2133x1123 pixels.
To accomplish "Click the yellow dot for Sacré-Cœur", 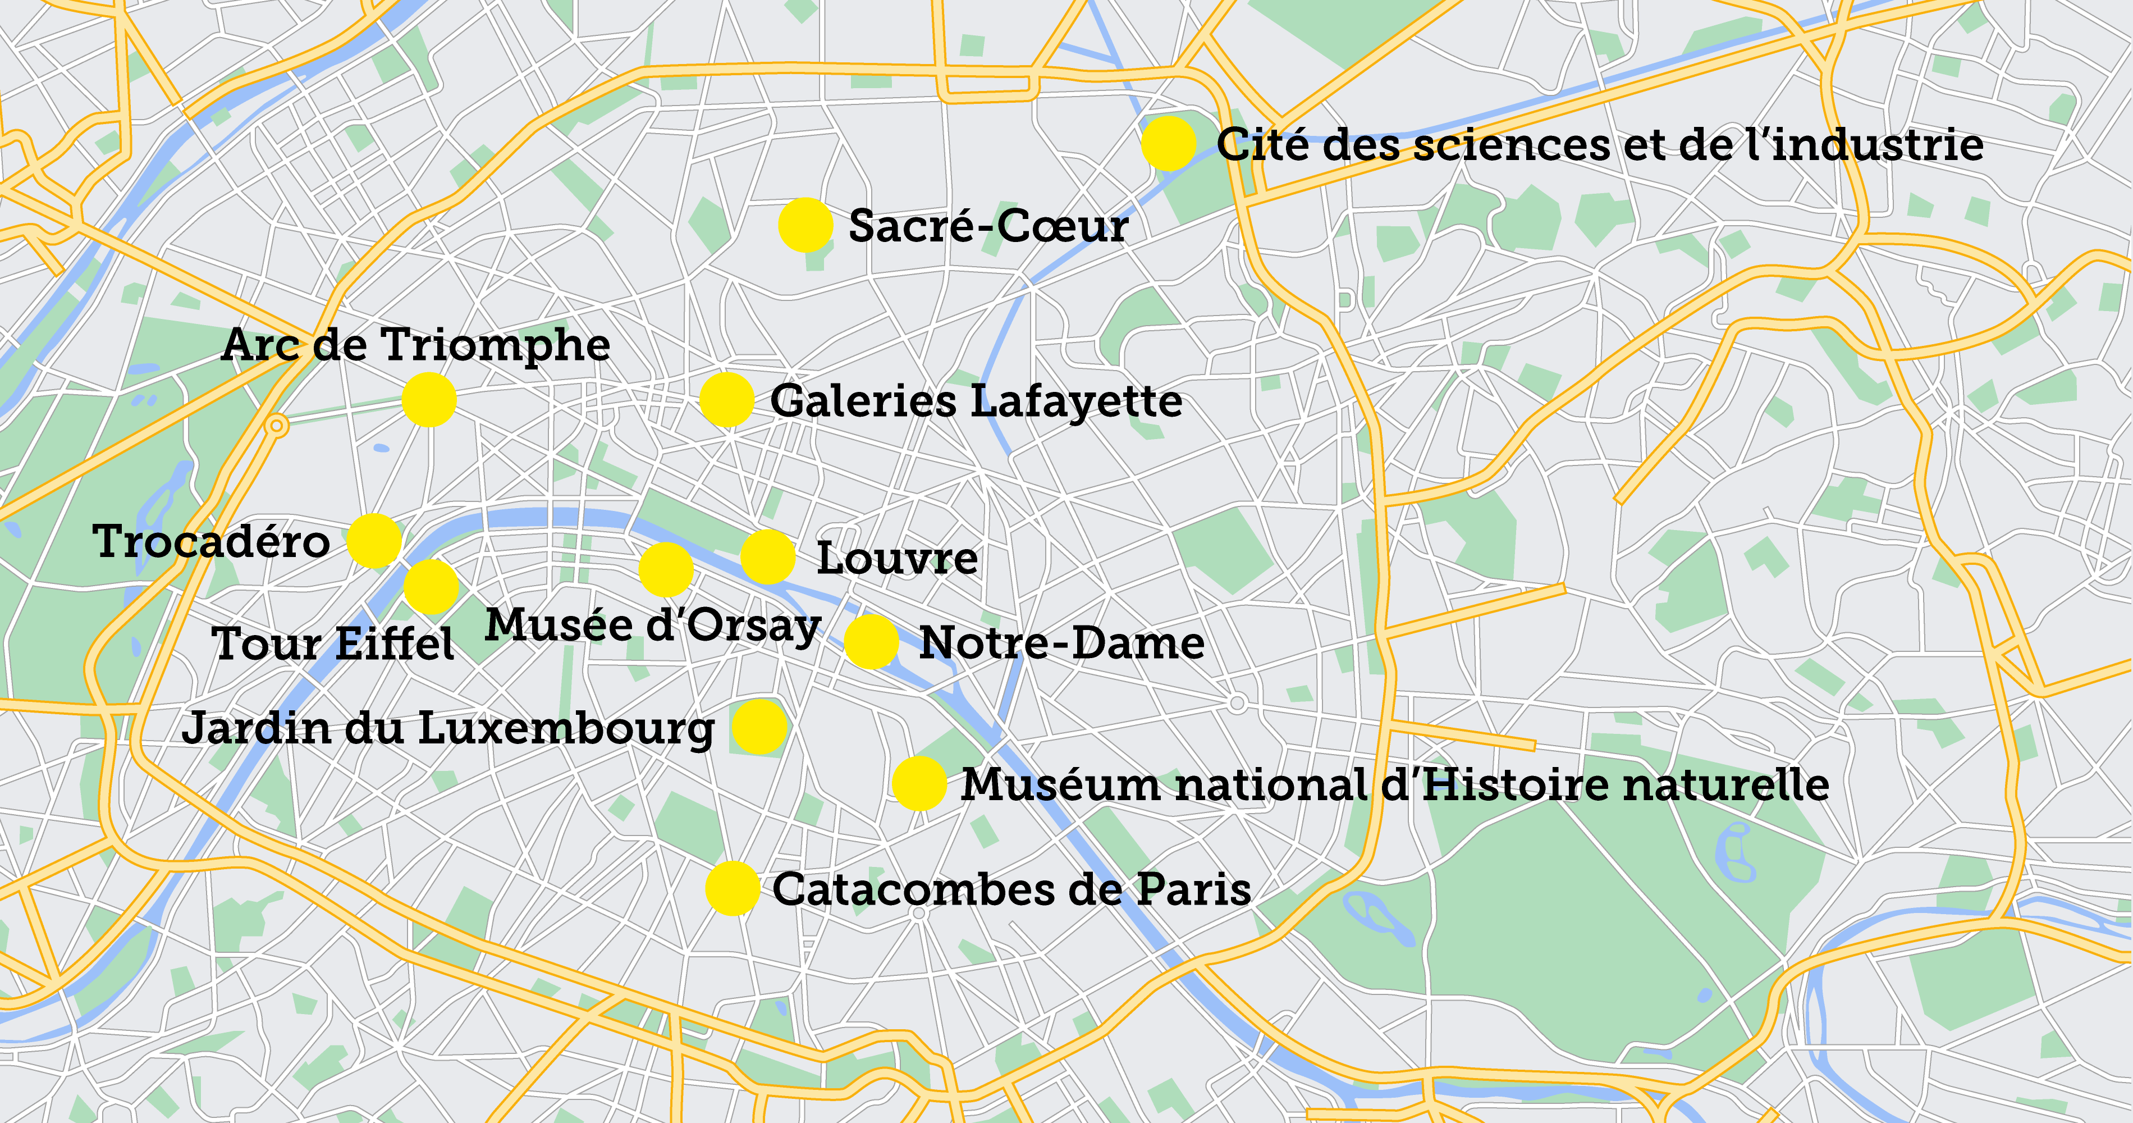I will [x=805, y=225].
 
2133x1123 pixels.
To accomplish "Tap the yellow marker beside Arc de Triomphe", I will [x=429, y=400].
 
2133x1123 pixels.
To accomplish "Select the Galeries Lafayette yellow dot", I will [x=726, y=400].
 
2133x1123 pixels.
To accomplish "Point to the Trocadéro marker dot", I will [x=374, y=541].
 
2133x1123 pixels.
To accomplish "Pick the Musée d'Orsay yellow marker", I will [x=666, y=570].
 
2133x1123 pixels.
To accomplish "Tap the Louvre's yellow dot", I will [x=767, y=558].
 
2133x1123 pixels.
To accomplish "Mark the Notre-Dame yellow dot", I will [x=871, y=642].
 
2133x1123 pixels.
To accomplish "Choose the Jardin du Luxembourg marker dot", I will [x=758, y=727].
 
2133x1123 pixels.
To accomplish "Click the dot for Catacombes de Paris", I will [x=732, y=889].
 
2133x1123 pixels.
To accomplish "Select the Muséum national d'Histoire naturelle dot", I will [x=919, y=783].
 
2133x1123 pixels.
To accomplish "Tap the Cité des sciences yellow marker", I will [x=1168, y=143].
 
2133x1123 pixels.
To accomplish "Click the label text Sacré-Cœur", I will [x=988, y=226].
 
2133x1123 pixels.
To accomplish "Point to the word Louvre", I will [x=897, y=558].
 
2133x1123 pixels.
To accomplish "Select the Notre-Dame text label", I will [x=1061, y=643].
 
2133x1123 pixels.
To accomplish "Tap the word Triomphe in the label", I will [x=495, y=346].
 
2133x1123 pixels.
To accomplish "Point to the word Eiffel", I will [x=395, y=643].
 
